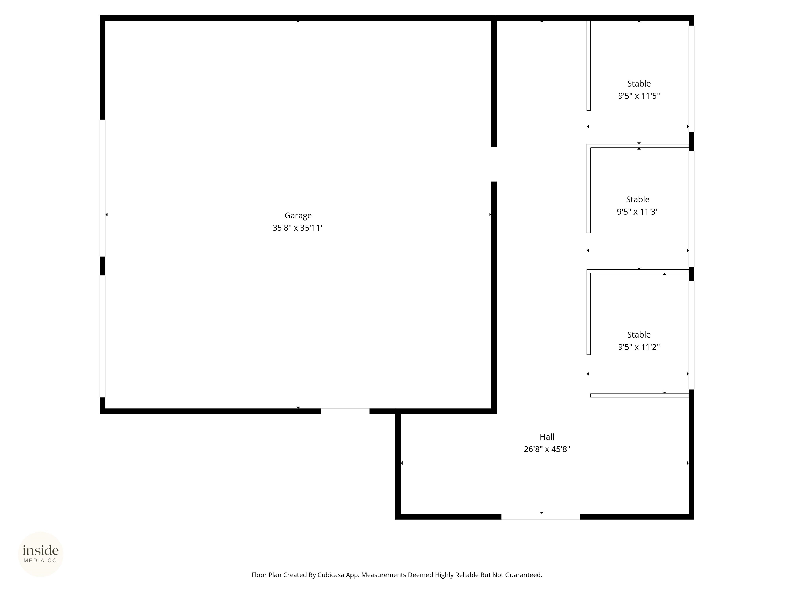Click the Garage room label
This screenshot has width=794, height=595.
click(298, 216)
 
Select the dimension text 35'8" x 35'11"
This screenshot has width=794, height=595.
click(298, 228)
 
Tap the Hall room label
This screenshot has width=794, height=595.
click(547, 437)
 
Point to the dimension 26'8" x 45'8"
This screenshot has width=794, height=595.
click(547, 449)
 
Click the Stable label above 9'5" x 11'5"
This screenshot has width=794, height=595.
click(639, 84)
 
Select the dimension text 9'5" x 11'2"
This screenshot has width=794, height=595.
click(639, 347)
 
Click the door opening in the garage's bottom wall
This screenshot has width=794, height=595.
click(345, 411)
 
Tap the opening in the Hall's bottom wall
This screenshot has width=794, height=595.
click(540, 516)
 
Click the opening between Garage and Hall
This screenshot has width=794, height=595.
click(494, 164)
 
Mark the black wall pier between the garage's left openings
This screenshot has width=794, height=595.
click(102, 266)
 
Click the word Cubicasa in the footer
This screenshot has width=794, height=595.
click(331, 575)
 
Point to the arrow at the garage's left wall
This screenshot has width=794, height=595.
click(106, 214)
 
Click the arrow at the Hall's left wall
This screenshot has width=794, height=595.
click(402, 463)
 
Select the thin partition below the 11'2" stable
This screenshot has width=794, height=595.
click(639, 395)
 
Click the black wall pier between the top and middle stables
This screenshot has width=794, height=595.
click(691, 142)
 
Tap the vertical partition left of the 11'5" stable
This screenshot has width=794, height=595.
click(589, 65)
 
